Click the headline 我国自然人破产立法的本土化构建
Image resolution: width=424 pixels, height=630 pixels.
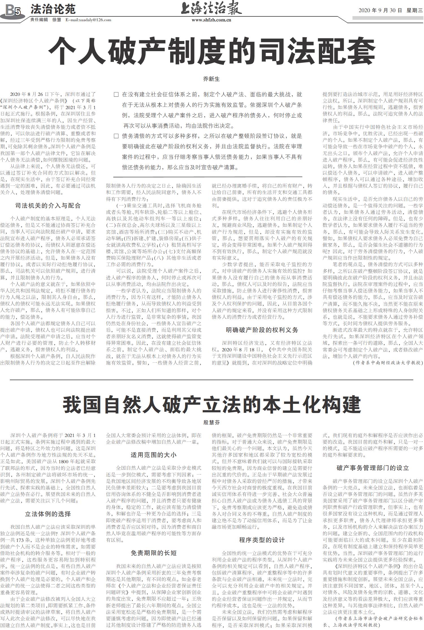211,404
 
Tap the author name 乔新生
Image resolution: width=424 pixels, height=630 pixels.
211,79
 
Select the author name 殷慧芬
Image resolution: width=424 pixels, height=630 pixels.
211,423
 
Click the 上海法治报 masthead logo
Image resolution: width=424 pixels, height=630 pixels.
211,8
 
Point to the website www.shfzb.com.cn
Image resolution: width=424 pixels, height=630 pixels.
211,20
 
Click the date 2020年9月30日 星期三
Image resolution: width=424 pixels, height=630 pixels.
390,10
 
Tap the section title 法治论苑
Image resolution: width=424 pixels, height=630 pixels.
53,9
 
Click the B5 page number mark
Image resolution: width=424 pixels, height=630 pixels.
13,12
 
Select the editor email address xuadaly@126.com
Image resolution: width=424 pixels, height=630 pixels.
88,20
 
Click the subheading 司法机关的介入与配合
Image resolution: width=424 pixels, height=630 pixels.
48,205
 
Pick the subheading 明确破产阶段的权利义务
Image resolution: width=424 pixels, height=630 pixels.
262,330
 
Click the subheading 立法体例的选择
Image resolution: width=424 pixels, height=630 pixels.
48,514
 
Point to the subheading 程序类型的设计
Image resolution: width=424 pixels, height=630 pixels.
262,540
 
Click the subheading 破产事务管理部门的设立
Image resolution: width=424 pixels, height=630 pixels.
373,468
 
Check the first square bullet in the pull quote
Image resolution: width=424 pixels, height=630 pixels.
116,95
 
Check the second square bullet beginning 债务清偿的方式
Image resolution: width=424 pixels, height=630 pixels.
116,136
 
